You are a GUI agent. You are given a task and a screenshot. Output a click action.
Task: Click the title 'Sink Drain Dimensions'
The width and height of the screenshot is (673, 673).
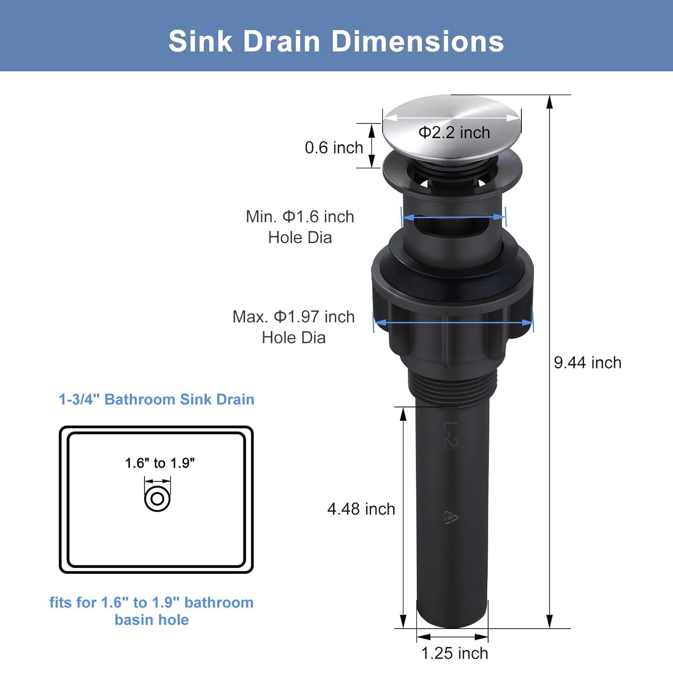point(336,41)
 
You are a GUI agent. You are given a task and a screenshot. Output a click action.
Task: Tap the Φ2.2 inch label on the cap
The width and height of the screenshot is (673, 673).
point(454,132)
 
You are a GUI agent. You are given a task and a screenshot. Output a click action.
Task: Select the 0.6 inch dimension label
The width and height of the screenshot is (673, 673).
point(334,148)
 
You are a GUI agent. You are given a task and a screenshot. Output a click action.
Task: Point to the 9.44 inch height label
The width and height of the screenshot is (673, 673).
point(587,363)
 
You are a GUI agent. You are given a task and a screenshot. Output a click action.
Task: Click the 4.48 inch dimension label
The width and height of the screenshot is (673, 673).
point(361,509)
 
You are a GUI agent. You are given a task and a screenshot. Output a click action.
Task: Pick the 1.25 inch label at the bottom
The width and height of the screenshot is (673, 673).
point(454,653)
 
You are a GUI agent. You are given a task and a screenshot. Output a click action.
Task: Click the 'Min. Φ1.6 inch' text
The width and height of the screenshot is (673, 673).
point(300,217)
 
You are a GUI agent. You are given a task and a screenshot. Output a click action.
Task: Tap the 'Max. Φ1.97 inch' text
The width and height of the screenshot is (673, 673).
point(293,317)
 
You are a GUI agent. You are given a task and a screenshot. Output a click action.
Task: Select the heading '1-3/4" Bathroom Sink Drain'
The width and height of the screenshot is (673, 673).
point(157,399)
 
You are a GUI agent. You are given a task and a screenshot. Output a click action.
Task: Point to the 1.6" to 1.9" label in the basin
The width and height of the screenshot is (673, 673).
point(160,463)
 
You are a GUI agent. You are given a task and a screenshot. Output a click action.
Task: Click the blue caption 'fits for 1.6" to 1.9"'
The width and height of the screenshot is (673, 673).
point(151,603)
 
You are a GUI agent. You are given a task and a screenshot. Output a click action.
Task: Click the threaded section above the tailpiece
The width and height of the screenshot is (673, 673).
point(452,384)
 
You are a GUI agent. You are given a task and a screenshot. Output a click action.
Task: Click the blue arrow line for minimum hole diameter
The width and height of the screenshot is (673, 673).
point(453,218)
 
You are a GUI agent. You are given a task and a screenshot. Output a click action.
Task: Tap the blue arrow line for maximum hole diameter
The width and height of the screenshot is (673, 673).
point(453,323)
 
